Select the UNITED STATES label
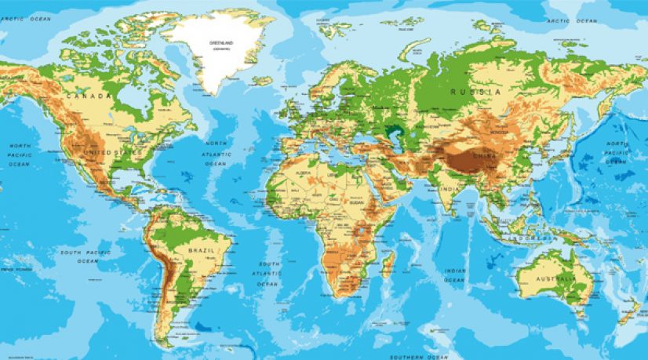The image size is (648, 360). (x=110, y=152)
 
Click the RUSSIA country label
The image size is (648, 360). (x=475, y=93)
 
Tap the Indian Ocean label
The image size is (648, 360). (x=456, y=275)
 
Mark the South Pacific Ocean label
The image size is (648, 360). (x=83, y=256)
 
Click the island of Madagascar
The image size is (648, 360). (x=387, y=263)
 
